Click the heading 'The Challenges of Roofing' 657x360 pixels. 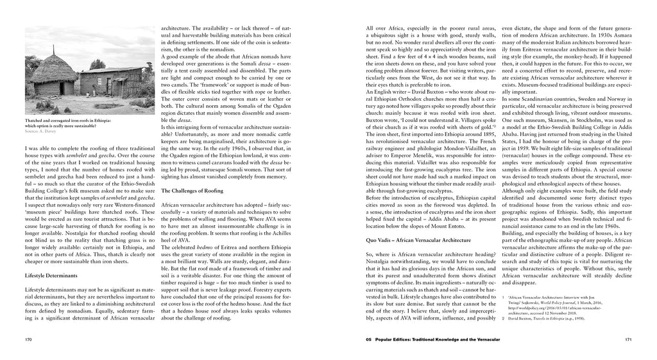(x=191, y=191)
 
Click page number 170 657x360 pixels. (x=28, y=338)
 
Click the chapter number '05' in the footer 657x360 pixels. (x=368, y=338)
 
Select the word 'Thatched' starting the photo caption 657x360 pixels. (x=33, y=121)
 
